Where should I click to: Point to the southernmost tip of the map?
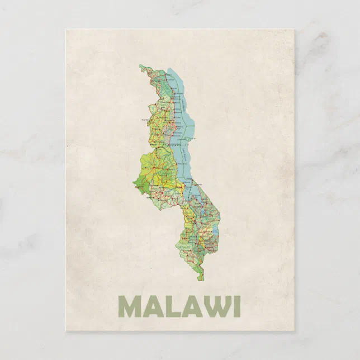(x=201, y=279)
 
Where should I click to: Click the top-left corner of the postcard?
(x=66, y=30)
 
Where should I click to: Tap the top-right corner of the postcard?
(x=294, y=30)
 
